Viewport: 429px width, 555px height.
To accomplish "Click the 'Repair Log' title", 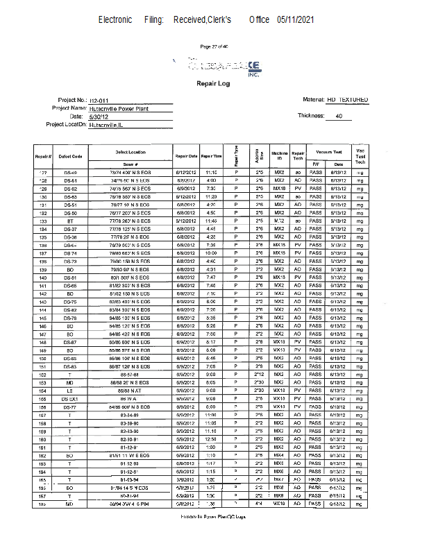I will click(x=214, y=83).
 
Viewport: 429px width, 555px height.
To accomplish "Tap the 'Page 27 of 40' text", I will click(x=214, y=46).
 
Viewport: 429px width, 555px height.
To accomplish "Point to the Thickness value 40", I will click(x=339, y=117).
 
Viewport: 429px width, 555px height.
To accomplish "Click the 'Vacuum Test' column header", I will click(x=328, y=151).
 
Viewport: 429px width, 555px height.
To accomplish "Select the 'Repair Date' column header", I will click(x=187, y=157).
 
